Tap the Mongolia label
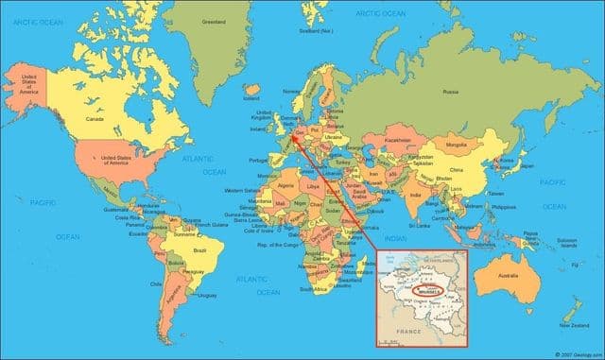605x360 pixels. pyautogui.click(x=457, y=145)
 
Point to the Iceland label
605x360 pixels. pyautogui.click(x=251, y=97)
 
